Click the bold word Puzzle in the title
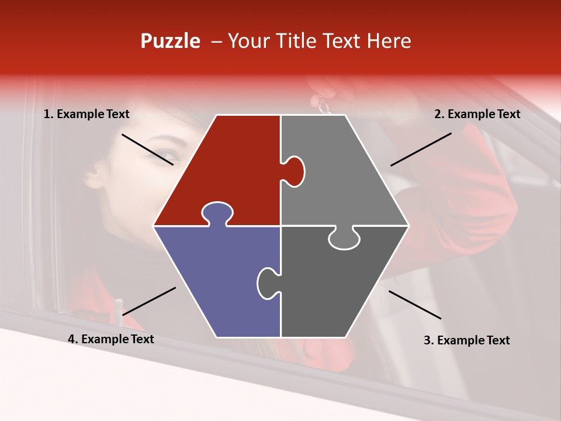pyautogui.click(x=170, y=41)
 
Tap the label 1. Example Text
pyautogui.click(x=86, y=115)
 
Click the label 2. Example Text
pyautogui.click(x=477, y=115)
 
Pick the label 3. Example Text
pyautogui.click(x=466, y=340)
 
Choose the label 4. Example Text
pyautogui.click(x=111, y=339)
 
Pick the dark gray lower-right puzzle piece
pyautogui.click(x=339, y=287)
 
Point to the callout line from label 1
pyautogui.click(x=147, y=150)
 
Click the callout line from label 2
pyautogui.click(x=421, y=149)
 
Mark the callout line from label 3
pyautogui.click(x=415, y=305)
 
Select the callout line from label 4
pyautogui.click(x=149, y=301)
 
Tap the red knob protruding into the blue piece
pyautogui.click(x=217, y=213)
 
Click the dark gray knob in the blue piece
pyautogui.click(x=268, y=282)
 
